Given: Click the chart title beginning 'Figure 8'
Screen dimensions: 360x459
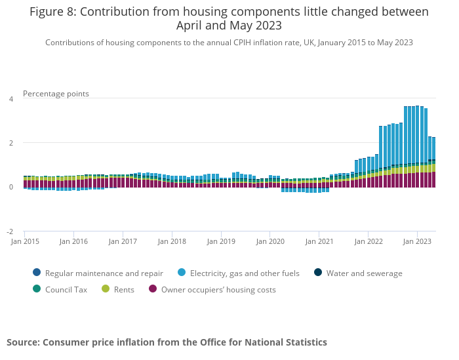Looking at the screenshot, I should [229, 19].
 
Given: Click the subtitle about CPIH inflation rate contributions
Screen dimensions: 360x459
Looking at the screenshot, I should [229, 43].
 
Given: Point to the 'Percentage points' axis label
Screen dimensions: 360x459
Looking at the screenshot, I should [56, 94].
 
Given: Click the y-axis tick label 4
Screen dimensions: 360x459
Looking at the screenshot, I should [10, 99].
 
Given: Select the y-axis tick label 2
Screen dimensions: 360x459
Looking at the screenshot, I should [10, 143].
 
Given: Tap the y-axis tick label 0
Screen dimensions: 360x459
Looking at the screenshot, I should [10, 188].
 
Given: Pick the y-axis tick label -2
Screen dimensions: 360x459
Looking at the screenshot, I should [10, 232].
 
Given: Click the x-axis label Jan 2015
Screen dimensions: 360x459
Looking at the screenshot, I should [24, 242].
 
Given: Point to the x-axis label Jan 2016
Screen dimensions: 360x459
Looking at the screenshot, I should [73, 242].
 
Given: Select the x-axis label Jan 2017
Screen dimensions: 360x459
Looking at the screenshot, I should [123, 242].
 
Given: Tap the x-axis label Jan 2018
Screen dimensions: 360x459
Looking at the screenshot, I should [172, 242].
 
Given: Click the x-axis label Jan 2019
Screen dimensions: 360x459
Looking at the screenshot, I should [221, 242].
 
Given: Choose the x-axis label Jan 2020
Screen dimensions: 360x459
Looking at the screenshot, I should [270, 242].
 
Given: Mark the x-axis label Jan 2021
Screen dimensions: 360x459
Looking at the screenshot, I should [319, 242].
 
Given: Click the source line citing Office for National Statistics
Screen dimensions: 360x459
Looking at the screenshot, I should [167, 342].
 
